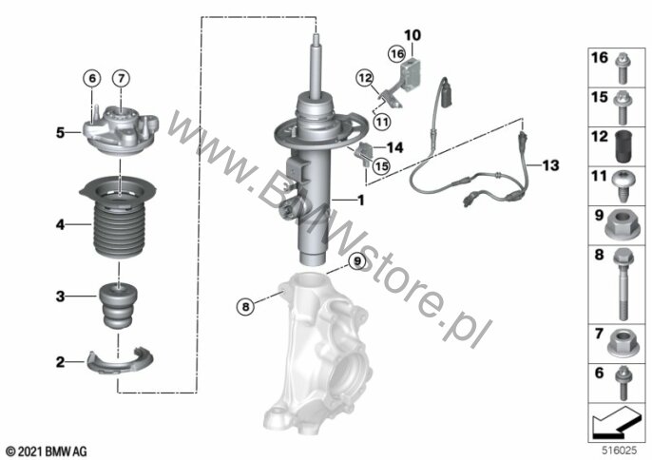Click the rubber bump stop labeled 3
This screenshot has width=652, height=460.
point(119,306)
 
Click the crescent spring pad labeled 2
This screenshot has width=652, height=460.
point(120,360)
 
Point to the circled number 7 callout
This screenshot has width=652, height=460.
point(121,78)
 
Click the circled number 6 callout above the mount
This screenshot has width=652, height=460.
point(92,78)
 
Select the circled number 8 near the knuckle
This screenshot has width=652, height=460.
point(245,307)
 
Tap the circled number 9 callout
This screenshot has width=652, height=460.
point(356,261)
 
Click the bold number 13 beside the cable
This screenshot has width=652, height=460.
point(550,165)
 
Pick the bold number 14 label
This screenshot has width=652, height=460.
point(394,147)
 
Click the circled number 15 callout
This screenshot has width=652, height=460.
point(381,166)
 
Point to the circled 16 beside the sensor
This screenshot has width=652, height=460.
point(396,53)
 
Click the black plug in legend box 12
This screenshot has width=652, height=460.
point(623,146)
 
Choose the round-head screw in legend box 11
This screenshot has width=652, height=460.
point(623,185)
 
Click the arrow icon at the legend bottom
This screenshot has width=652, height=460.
point(616,423)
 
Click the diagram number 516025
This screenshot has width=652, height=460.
point(620,450)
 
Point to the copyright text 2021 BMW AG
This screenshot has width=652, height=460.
point(47,451)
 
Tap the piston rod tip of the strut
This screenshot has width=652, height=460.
point(316,37)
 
